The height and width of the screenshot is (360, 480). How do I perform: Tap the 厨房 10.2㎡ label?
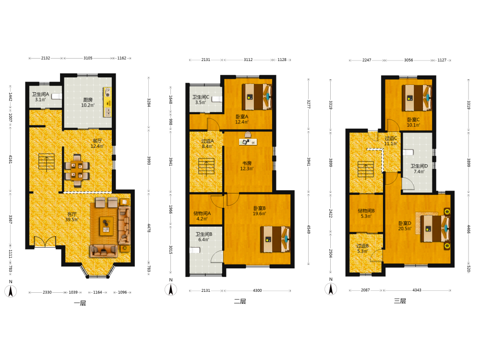pos(88,103)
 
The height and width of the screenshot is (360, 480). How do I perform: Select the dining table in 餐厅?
pos(77,170)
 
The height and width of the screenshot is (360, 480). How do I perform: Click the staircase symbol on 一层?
pos(47,162)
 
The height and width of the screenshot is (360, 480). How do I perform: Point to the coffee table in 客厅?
pos(106,226)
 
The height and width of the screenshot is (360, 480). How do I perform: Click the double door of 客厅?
pos(45,241)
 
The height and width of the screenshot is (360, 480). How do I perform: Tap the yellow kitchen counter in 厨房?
pos(108,102)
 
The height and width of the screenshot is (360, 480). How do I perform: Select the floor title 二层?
pos(240,301)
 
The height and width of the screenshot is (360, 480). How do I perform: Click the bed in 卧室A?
pos(257,97)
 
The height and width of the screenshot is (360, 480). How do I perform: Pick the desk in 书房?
pos(248,142)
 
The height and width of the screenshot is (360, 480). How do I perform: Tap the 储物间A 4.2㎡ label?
pos(202,216)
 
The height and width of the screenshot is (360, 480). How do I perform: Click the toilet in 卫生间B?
pos(195,250)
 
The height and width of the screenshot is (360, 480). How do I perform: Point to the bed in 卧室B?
pos(275,239)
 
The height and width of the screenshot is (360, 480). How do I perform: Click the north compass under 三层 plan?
pos(331,289)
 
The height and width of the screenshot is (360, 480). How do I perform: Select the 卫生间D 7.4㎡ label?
pos(419,168)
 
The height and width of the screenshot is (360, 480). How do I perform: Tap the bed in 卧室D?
pos(435,228)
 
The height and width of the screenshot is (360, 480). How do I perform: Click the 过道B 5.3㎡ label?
pos(362,248)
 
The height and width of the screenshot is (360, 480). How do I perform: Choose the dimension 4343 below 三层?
pos(417,290)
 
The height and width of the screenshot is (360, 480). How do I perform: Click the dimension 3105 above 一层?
pos(88,58)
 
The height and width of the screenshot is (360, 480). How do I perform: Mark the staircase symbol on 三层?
pos(366,169)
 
